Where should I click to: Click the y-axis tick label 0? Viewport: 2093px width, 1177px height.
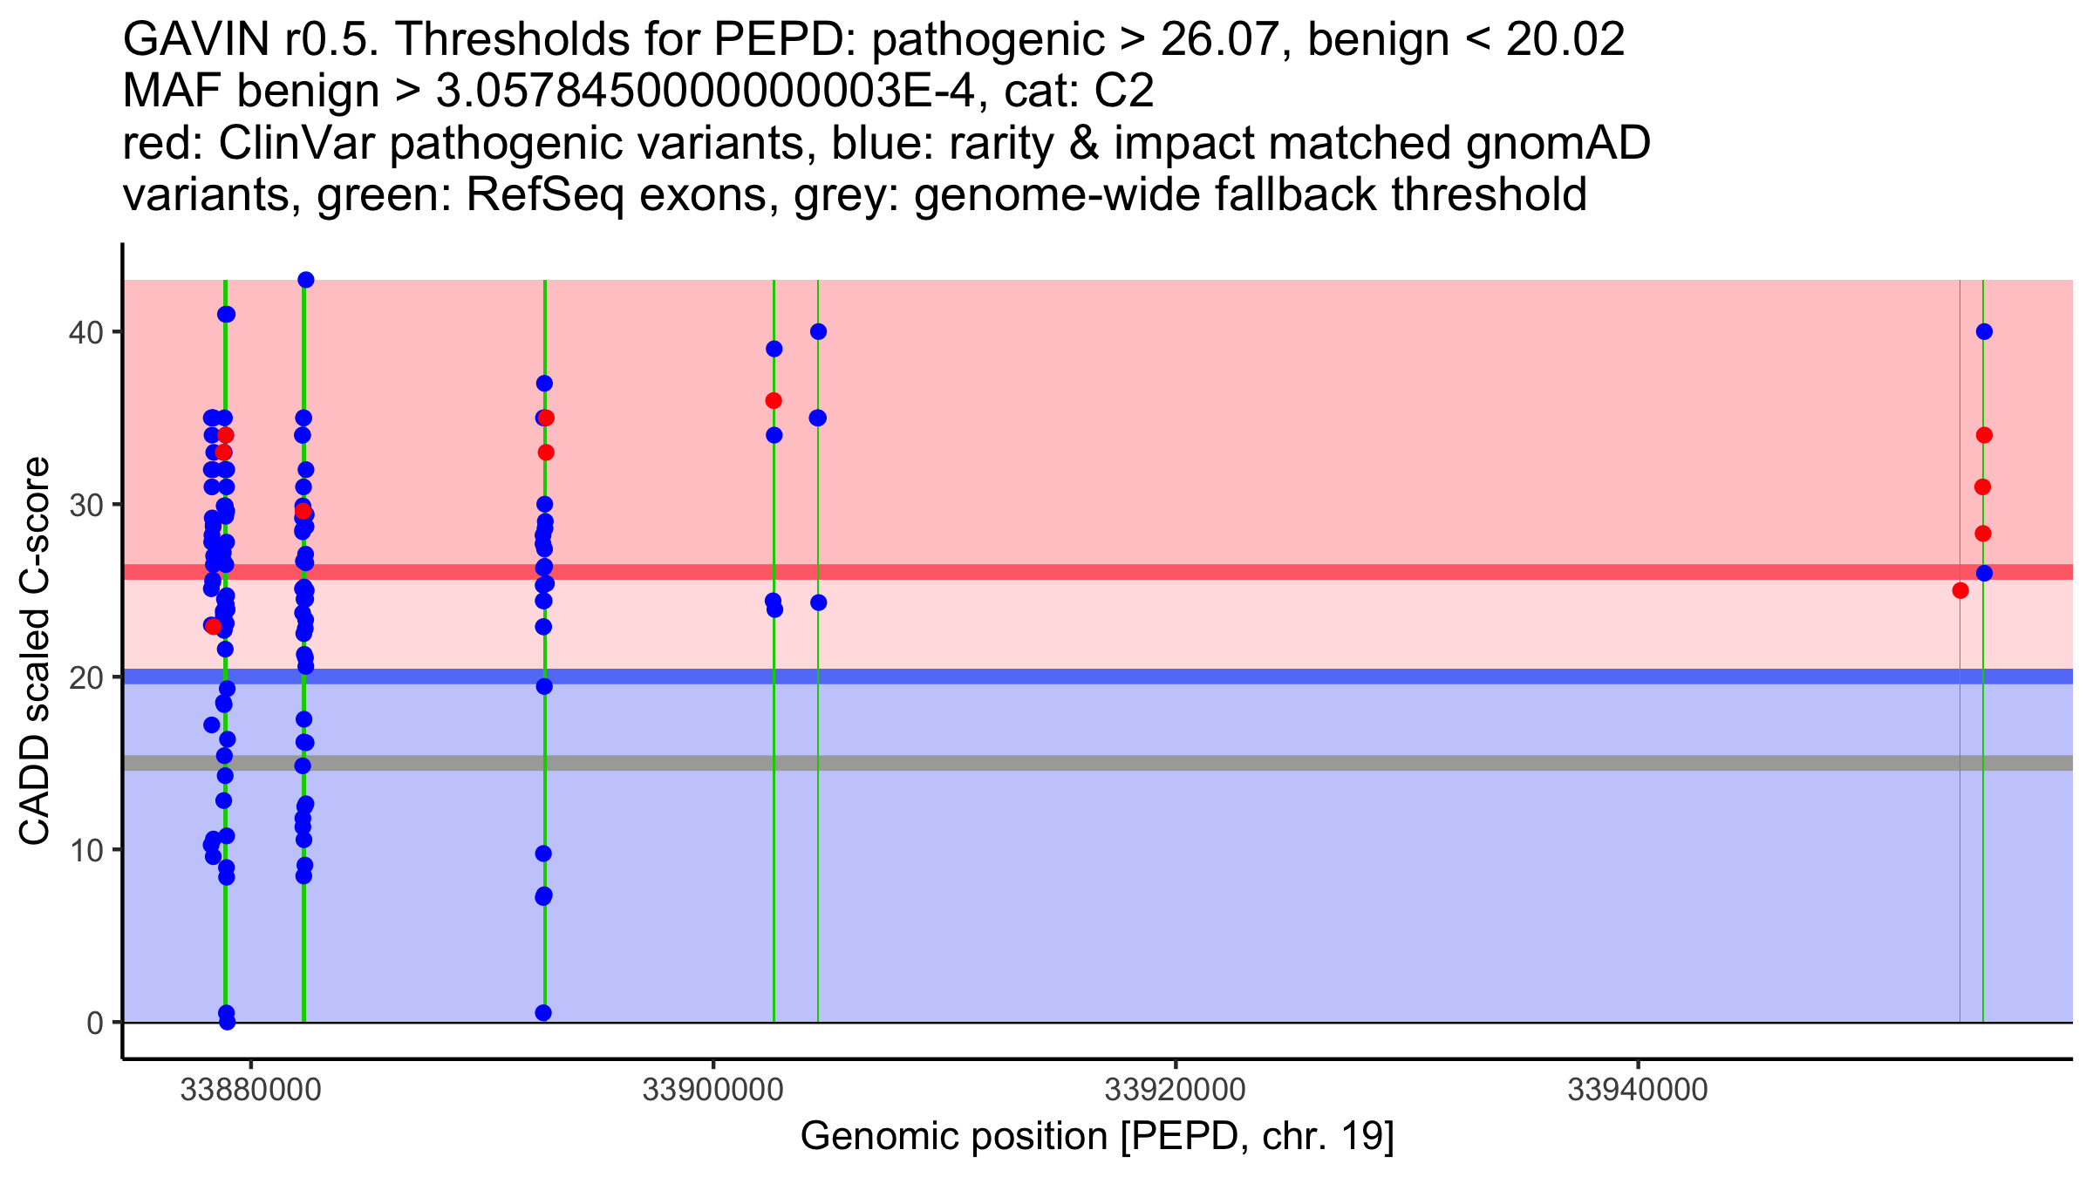pyautogui.click(x=94, y=1023)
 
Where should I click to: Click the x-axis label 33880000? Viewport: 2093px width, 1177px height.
pyautogui.click(x=250, y=1090)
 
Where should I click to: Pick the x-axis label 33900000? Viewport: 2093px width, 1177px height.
pyautogui.click(x=712, y=1090)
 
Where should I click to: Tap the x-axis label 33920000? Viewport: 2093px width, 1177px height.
pyautogui.click(x=1175, y=1090)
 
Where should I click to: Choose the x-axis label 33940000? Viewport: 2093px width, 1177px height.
pyautogui.click(x=1637, y=1090)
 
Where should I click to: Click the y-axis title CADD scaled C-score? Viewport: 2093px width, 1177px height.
pyautogui.click(x=35, y=651)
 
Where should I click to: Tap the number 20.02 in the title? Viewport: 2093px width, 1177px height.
pyautogui.click(x=1565, y=39)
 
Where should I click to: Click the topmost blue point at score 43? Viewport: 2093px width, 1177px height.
pyautogui.click(x=305, y=280)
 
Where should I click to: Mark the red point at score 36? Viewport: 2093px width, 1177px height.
pyautogui.click(x=774, y=401)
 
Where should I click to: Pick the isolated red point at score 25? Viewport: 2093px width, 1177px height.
pyautogui.click(x=1960, y=591)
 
